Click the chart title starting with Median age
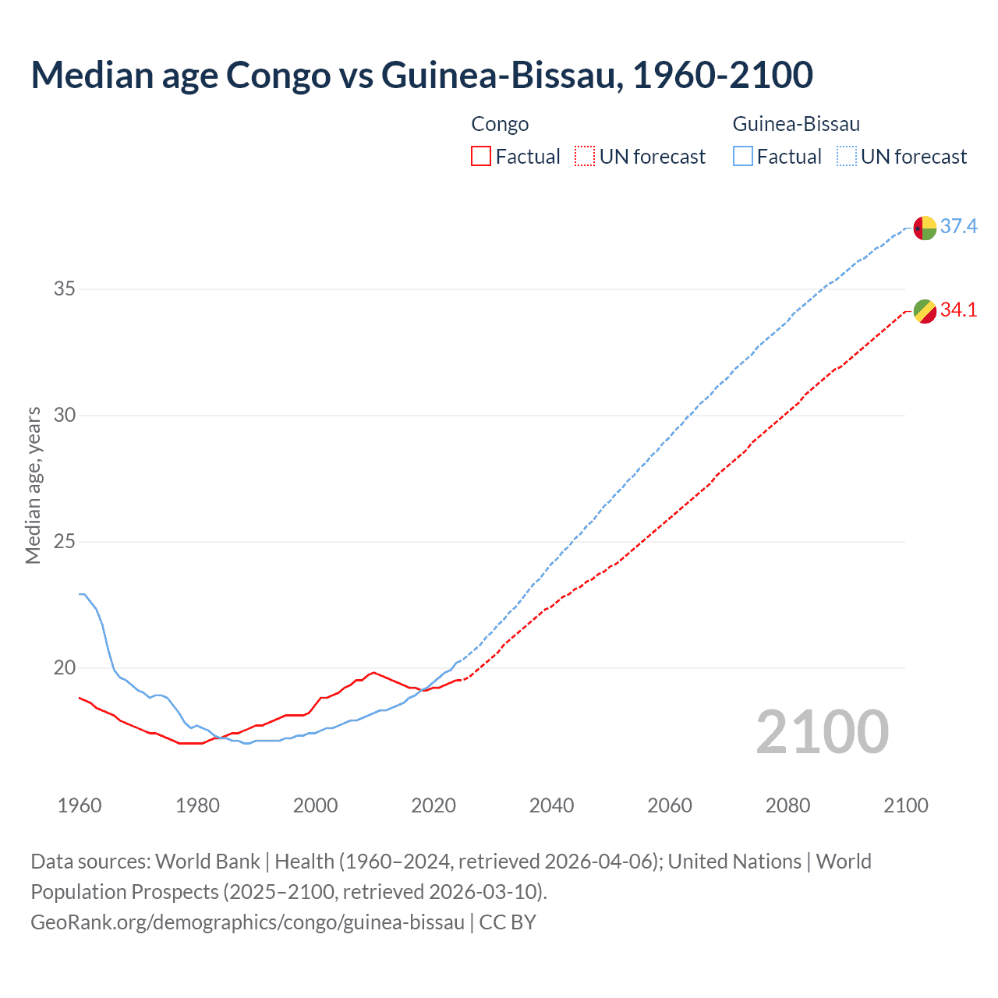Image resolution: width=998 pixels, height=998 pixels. coord(421,75)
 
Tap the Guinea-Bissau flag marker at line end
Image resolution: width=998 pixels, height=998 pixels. coord(925,228)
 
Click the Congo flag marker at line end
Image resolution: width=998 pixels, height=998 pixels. coord(925,312)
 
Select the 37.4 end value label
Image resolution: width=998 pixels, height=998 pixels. coord(958,227)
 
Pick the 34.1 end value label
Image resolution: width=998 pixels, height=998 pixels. coord(958,310)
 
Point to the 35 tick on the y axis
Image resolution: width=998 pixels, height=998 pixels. coord(65,289)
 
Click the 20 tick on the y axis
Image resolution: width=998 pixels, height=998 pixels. coord(65,668)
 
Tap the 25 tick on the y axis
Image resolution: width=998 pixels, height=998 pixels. coord(65,542)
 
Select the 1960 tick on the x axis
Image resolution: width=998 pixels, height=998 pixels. coord(80,805)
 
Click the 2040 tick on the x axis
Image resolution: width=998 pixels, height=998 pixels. coord(551,805)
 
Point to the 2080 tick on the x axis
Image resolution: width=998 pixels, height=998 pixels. coord(787,805)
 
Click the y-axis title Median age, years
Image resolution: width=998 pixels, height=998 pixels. coord(33,485)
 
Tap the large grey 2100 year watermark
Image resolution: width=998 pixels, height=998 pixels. coord(822,732)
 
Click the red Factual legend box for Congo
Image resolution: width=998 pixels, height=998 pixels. coord(481,157)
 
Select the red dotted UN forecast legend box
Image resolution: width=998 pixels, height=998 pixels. coord(585,157)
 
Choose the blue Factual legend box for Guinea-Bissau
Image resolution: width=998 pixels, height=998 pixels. coord(743,157)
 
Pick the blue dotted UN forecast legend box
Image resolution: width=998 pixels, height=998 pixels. coord(847,157)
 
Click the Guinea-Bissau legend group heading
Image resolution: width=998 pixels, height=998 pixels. coord(796,124)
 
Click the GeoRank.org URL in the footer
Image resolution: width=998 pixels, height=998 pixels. coord(247,922)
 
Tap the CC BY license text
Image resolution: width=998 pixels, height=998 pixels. coord(508,922)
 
